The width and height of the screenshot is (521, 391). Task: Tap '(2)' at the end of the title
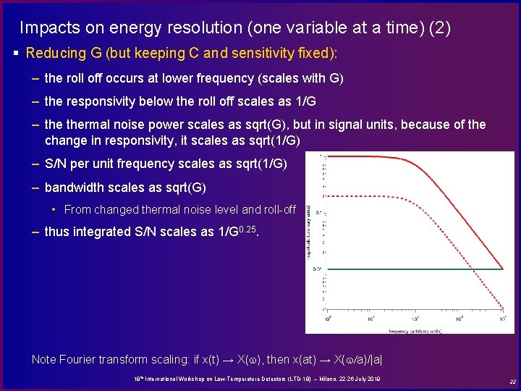(439, 28)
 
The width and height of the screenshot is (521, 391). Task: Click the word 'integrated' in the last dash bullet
(101, 232)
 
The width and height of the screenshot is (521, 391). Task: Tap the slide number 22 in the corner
(512, 382)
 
